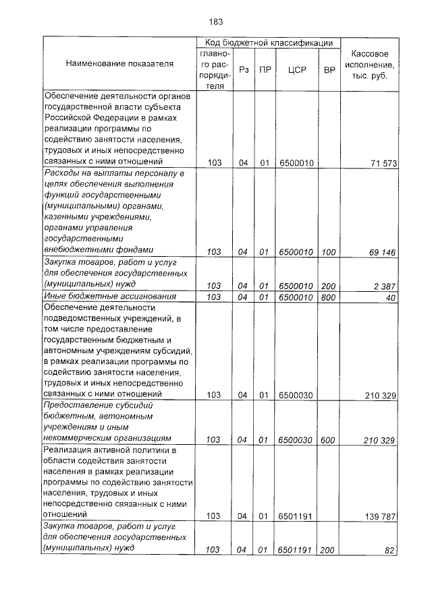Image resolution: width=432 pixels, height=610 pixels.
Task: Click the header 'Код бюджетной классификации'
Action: click(268, 43)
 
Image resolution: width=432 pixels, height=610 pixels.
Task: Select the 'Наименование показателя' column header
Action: click(119, 63)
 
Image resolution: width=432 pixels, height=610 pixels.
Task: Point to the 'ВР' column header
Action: click(329, 69)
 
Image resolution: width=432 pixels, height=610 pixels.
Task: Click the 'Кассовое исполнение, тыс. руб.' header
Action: click(369, 64)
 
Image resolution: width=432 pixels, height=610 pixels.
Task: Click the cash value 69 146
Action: click(383, 252)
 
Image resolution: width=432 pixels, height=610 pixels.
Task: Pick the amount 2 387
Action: click(385, 286)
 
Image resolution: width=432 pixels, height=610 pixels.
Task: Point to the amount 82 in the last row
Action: click(389, 550)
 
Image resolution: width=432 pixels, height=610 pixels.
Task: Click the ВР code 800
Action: click(329, 297)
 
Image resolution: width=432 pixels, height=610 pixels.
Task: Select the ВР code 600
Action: click(329, 439)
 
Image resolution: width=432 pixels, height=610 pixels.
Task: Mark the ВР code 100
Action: click(329, 252)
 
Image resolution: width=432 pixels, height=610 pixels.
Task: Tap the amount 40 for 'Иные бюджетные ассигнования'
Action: click(389, 297)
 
